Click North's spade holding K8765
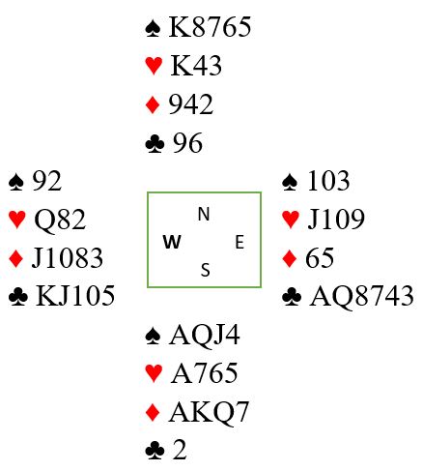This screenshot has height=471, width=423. click(210, 27)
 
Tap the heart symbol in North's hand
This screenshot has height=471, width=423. click(154, 66)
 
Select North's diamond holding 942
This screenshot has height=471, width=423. click(190, 104)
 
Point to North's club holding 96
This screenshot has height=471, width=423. click(187, 143)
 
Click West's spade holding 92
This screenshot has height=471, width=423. click(46, 181)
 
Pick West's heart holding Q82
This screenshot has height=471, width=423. click(60, 220)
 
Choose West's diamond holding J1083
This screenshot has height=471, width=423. click(68, 258)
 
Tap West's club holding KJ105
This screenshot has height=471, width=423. click(75, 296)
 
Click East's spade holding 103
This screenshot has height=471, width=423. click(328, 181)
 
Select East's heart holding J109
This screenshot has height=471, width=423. click(336, 220)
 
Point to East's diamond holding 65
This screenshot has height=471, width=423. click(320, 258)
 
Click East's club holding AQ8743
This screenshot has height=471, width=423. click(361, 296)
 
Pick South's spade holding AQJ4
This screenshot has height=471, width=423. click(204, 336)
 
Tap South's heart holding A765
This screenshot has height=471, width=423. click(204, 373)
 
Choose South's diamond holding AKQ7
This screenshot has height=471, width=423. click(209, 412)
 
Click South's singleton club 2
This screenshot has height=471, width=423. click(180, 450)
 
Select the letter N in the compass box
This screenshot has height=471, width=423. click(204, 214)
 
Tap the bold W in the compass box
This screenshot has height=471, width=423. click(172, 242)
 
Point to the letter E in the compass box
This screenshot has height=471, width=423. click(240, 242)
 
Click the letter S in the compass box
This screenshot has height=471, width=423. click(206, 270)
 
